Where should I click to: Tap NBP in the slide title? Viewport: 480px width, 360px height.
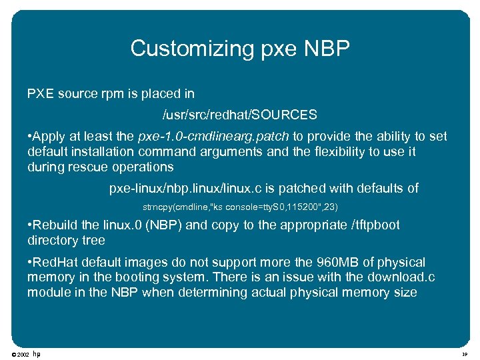pos(325,48)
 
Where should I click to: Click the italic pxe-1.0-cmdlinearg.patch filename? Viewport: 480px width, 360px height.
pos(213,137)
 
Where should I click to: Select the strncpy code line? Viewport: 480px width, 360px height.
pos(245,207)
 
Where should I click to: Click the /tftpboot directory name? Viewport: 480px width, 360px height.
pos(375,225)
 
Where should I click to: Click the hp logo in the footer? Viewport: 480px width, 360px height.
pos(37,353)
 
